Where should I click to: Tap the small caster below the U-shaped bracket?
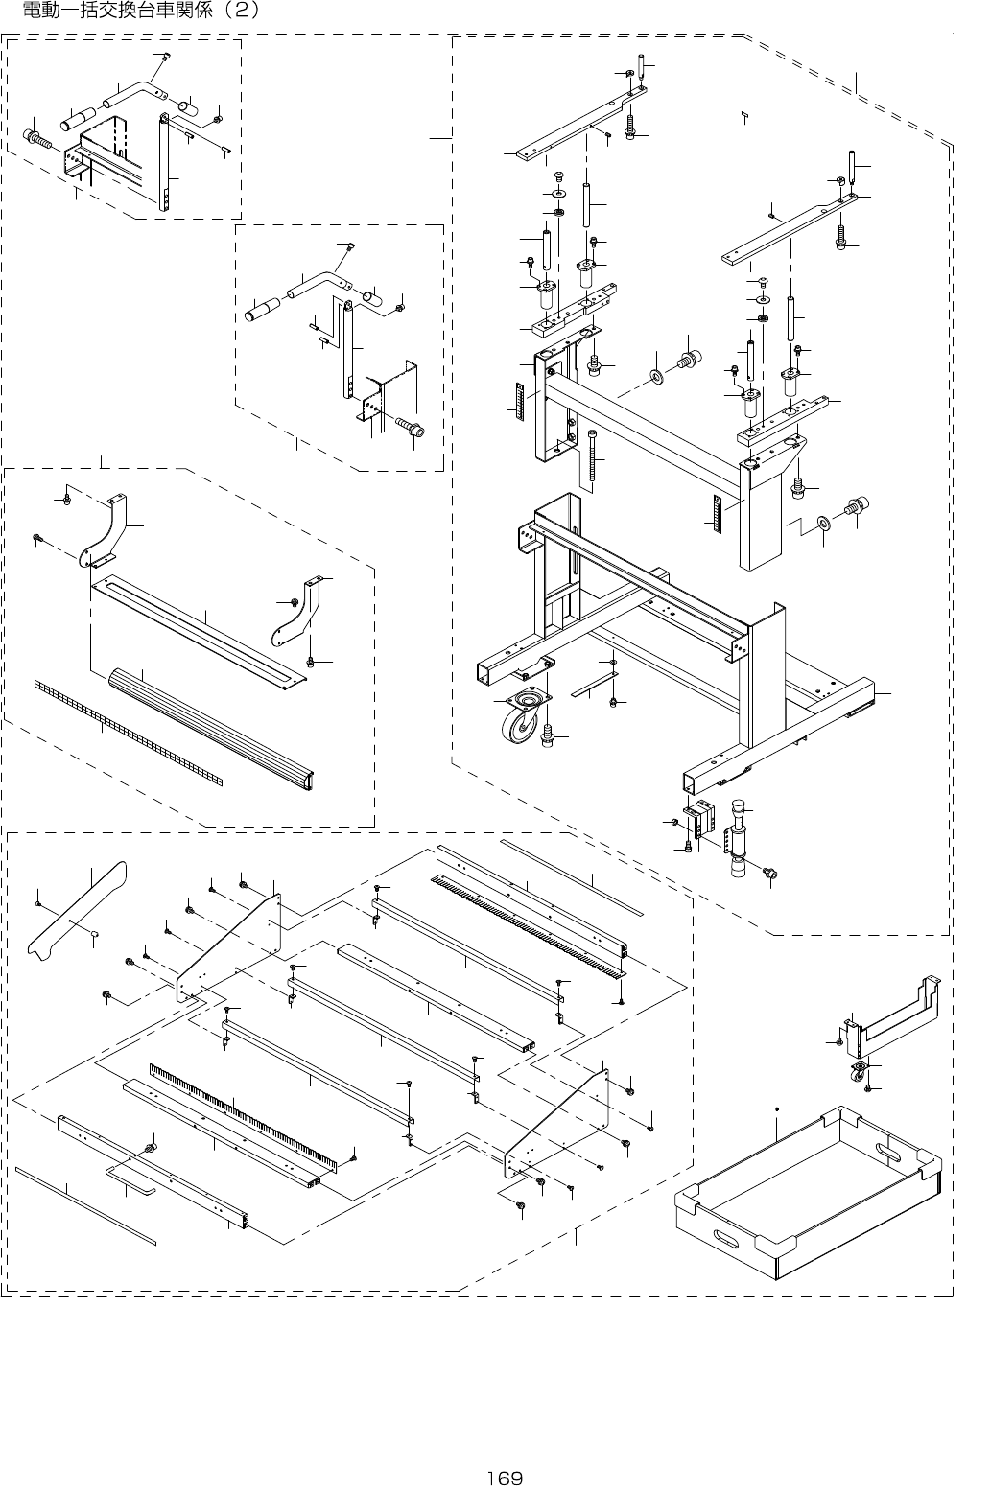[x=858, y=1074]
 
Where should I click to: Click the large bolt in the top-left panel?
[x=39, y=140]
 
